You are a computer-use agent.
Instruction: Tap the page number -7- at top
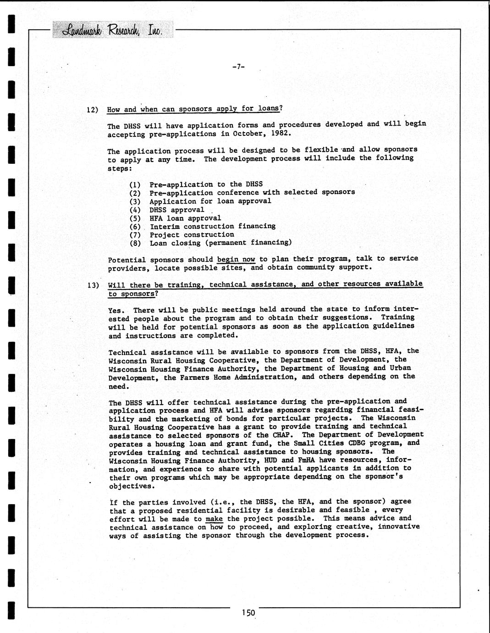[238, 67]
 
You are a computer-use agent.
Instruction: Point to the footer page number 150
[248, 613]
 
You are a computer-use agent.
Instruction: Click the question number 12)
[93, 110]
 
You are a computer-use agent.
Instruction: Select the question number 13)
[93, 285]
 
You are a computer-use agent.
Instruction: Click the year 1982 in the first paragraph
[280, 133]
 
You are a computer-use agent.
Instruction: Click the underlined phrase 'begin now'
[236, 259]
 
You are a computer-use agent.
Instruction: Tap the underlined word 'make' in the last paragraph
[214, 519]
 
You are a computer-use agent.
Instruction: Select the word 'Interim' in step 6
[165, 226]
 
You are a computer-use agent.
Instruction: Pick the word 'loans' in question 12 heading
[268, 108]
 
